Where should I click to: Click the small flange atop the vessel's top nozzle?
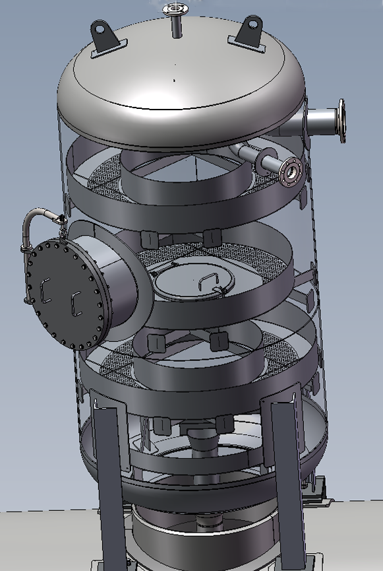(175, 9)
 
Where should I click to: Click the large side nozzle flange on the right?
(341, 121)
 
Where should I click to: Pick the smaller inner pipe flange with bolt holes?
(291, 172)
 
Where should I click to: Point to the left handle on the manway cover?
(45, 290)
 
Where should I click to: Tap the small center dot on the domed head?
(175, 81)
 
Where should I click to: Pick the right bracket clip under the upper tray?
(211, 237)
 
